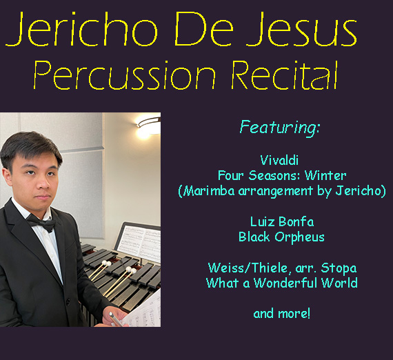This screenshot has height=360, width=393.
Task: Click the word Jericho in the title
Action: click(82, 29)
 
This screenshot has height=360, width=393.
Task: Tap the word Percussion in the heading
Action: click(125, 75)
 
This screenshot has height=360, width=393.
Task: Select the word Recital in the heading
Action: click(285, 75)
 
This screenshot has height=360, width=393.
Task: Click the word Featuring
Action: click(280, 128)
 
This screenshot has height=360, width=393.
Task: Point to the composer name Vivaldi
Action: click(279, 160)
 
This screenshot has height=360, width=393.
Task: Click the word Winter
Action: click(325, 175)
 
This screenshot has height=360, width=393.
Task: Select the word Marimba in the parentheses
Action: click(208, 191)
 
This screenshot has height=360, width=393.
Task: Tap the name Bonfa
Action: click(296, 221)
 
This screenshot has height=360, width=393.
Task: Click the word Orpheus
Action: click(299, 237)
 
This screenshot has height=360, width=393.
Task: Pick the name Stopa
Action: click(339, 268)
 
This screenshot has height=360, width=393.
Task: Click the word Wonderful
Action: click(286, 283)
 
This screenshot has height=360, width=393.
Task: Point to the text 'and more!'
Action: click(282, 314)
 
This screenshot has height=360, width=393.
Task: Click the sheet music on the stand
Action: click(139, 242)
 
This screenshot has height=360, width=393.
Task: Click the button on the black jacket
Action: click(68, 301)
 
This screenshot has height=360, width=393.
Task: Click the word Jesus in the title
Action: click(301, 29)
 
